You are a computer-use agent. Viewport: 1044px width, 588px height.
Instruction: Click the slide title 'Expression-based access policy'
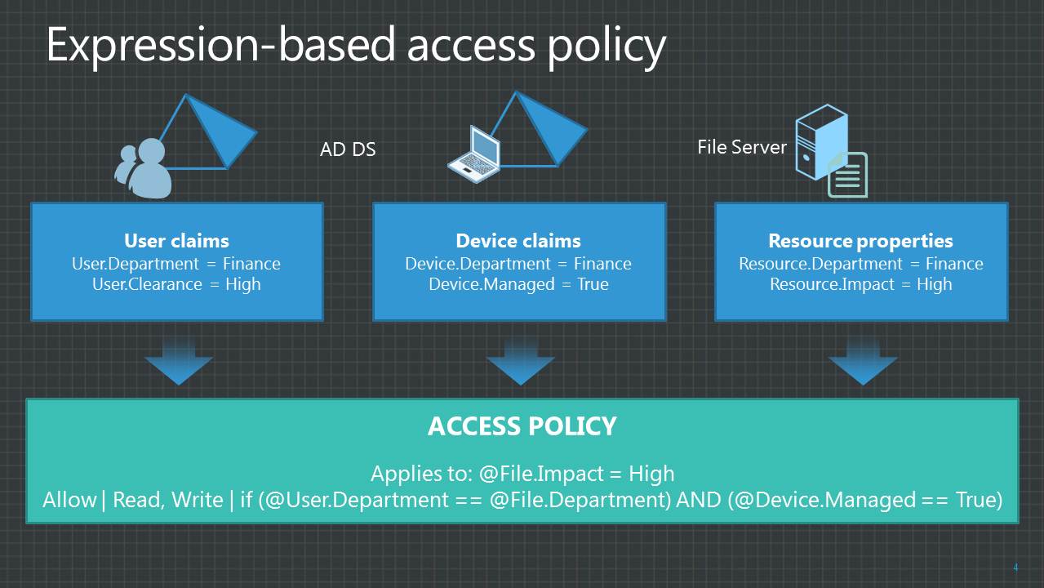point(355,45)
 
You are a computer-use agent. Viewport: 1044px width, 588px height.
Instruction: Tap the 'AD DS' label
point(348,149)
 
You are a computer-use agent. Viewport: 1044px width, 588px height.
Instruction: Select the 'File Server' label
point(741,147)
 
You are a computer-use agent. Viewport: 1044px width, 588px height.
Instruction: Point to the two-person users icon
point(144,169)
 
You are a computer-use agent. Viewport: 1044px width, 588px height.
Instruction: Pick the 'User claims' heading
point(176,241)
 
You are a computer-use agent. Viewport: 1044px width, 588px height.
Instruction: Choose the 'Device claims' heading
point(518,241)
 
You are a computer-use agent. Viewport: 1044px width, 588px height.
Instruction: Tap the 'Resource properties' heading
point(860,241)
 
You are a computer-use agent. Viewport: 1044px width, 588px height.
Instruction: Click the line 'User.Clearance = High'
point(176,284)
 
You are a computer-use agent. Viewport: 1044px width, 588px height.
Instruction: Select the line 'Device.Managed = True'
point(518,284)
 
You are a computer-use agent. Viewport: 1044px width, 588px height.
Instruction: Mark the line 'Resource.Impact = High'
point(860,284)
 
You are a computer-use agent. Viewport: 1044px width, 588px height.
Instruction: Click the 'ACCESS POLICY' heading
point(522,426)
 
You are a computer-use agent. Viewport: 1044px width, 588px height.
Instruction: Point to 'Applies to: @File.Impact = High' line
point(522,474)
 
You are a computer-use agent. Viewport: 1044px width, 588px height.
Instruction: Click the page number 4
point(1015,568)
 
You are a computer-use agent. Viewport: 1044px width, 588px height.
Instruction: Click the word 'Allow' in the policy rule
point(69,500)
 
